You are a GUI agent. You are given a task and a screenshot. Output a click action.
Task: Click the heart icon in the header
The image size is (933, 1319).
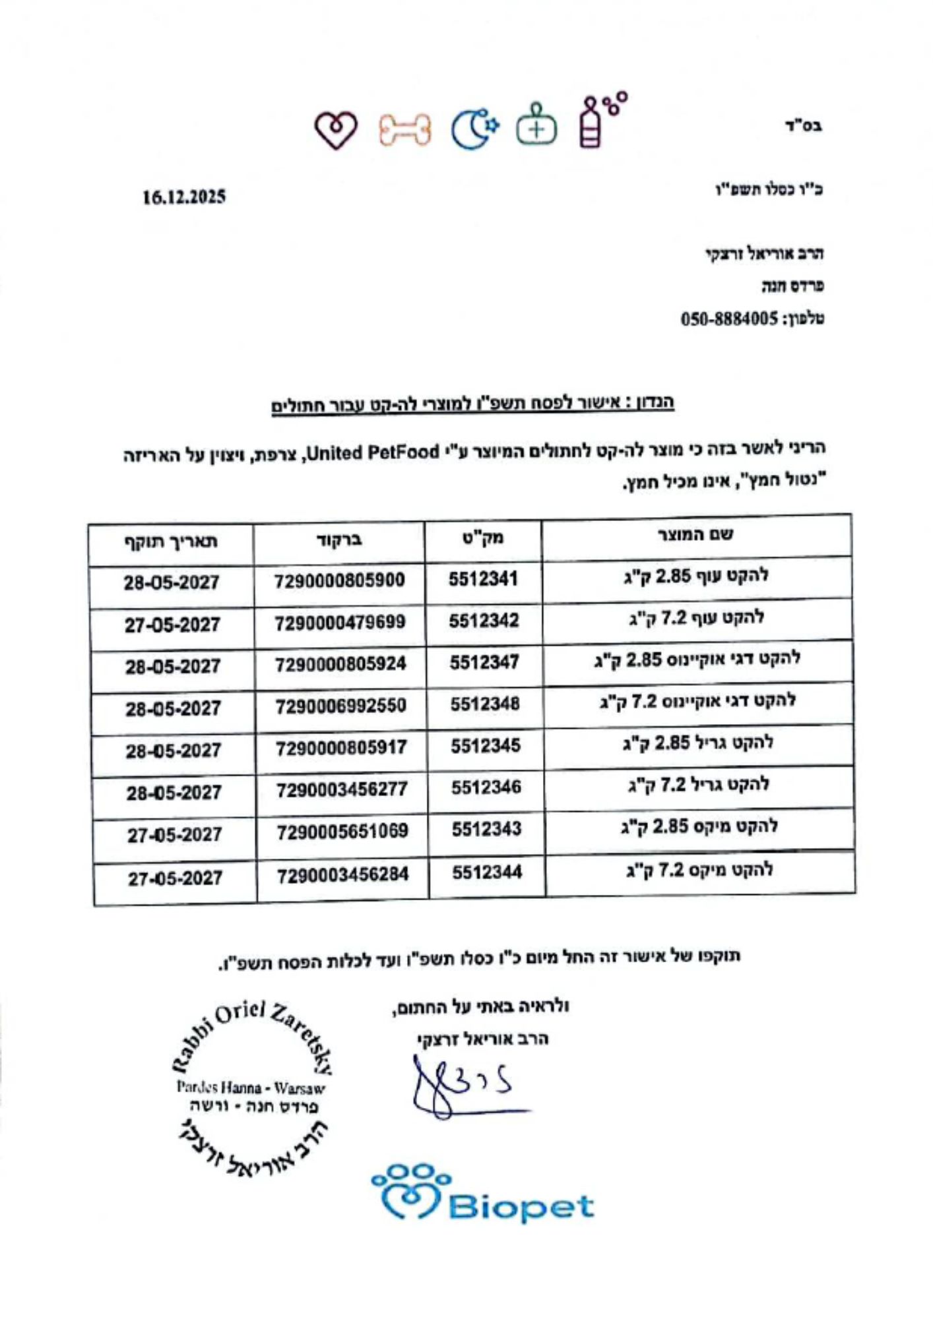[x=335, y=129]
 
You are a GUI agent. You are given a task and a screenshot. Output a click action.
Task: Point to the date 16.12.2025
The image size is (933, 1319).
[x=184, y=197]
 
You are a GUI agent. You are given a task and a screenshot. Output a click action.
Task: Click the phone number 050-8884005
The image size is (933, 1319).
[x=729, y=320]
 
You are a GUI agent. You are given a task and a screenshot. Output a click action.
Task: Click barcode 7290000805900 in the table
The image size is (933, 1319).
[x=339, y=581]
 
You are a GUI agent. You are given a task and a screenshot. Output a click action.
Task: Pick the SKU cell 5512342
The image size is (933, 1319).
[x=484, y=621]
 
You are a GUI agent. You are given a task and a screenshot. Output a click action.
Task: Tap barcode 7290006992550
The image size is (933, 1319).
[x=340, y=706]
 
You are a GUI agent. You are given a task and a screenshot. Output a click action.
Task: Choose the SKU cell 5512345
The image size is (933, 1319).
[x=486, y=746]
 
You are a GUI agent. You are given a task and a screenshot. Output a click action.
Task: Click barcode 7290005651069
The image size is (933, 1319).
[x=342, y=832]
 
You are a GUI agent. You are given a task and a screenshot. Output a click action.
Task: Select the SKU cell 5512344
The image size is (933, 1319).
[x=487, y=873]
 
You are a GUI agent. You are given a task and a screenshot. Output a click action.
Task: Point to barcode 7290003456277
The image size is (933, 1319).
[x=341, y=789]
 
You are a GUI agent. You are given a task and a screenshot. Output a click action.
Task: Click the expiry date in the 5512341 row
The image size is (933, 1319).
[x=171, y=583]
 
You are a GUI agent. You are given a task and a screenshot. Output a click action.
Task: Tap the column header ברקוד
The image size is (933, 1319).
[x=339, y=541]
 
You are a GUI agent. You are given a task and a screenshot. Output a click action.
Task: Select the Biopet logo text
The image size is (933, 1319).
[x=521, y=1208]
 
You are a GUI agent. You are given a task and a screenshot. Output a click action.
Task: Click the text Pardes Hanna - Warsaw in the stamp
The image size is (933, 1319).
[x=250, y=1088]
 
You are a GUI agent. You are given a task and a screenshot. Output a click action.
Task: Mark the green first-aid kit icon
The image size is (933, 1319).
[x=536, y=125]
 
